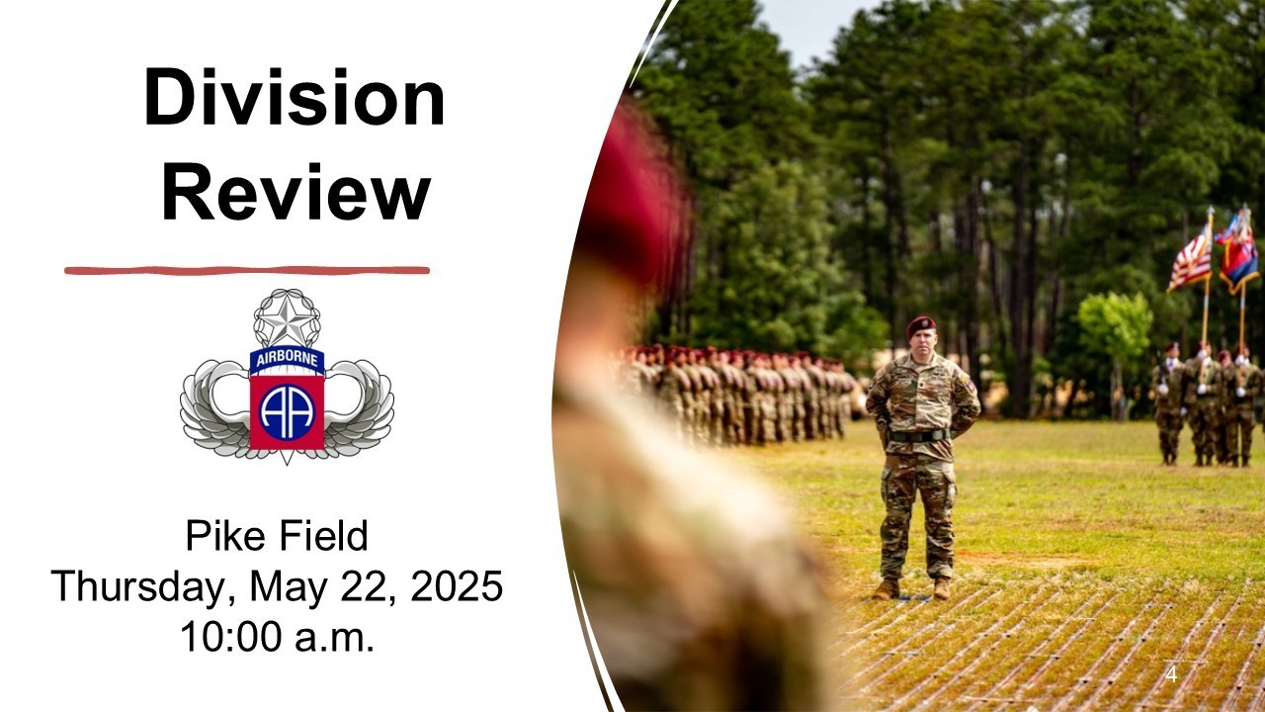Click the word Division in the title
pos(295,97)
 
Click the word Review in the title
pos(296,191)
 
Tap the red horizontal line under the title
pos(247,270)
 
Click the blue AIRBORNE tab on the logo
pos(287,359)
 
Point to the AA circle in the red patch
pos(287,412)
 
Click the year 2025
pos(457,586)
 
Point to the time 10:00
pos(231,637)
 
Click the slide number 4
pos(1171,674)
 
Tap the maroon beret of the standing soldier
pos(920,324)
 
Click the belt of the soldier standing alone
pos(920,436)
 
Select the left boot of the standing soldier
pos(885,589)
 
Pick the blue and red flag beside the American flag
pos(1238,251)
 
